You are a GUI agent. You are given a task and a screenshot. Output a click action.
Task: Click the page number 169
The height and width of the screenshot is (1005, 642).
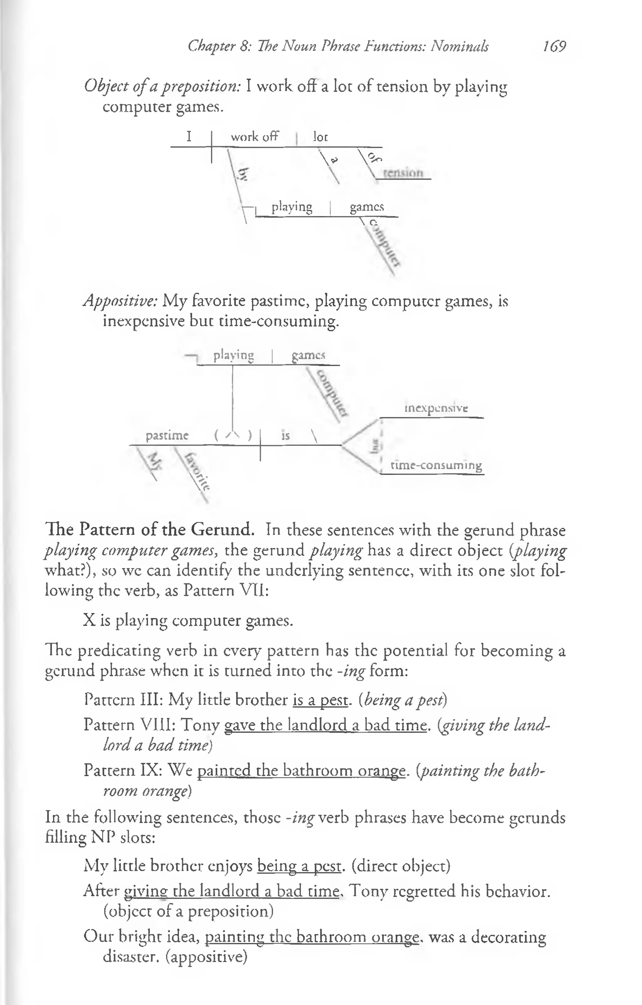(554, 46)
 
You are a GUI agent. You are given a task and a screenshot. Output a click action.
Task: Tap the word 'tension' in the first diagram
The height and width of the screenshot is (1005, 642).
(403, 173)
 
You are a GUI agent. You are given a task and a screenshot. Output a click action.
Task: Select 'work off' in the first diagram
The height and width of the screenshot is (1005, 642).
(254, 137)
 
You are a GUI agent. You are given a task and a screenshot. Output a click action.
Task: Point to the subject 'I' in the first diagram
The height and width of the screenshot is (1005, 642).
(189, 136)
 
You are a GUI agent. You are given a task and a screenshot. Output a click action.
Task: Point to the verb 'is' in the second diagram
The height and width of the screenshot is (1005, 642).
(286, 436)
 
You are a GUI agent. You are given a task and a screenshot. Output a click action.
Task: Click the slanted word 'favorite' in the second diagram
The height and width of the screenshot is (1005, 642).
(197, 471)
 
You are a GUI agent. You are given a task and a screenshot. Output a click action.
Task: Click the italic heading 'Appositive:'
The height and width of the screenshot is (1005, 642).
(121, 301)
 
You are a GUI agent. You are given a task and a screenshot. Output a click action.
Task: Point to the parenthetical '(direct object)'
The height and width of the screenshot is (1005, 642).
(401, 866)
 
